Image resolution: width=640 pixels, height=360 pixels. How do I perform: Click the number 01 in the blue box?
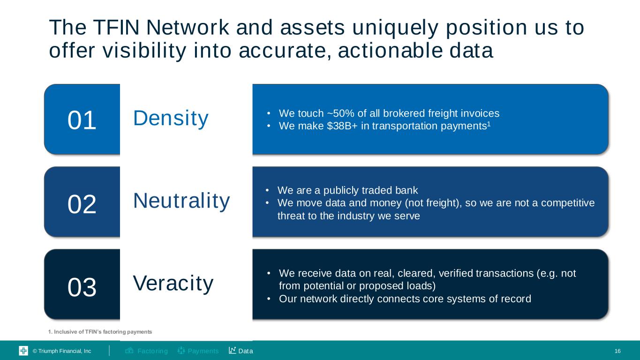82,120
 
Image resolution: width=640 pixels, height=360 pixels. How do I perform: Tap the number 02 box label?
82,204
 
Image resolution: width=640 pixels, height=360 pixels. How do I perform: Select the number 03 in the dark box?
82,287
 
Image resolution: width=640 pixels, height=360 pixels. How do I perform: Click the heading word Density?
171,118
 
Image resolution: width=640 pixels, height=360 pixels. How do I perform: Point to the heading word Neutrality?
181,201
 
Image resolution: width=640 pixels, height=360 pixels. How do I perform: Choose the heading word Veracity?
173,283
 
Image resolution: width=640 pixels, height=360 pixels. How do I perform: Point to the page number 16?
617,351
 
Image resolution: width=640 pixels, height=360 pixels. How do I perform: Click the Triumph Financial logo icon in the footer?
23,351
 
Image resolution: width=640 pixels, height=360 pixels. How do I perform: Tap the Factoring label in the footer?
152,351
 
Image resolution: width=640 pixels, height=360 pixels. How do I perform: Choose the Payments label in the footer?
203,351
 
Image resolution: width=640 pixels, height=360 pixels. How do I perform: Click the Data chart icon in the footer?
232,351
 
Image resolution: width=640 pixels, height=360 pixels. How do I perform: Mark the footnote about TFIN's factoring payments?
100,332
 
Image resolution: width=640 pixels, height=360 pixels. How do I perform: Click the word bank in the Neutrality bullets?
405,190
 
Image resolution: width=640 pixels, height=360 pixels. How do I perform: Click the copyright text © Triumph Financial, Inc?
61,351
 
